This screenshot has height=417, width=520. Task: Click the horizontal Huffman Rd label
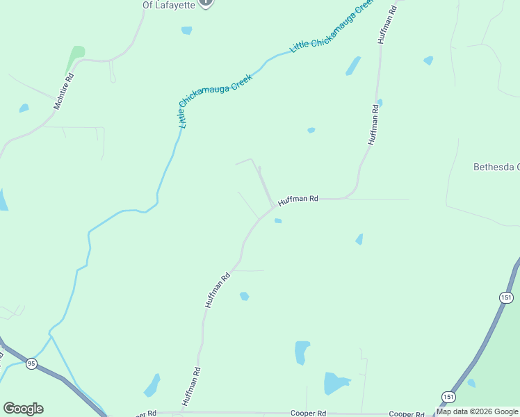pyautogui.click(x=298, y=200)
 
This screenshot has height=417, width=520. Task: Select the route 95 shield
pyautogui.click(x=31, y=363)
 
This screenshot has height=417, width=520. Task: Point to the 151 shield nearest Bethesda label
pyautogui.click(x=507, y=297)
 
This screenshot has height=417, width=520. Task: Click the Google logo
pyautogui.click(x=23, y=409)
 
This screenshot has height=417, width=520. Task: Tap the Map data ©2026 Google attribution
pyautogui.click(x=477, y=411)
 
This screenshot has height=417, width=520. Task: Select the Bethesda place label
pyautogui.click(x=496, y=167)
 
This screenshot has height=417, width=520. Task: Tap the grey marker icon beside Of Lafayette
pyautogui.click(x=206, y=3)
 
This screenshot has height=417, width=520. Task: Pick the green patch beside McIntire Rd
pyautogui.click(x=76, y=53)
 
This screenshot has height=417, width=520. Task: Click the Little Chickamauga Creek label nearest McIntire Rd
pyautogui.click(x=206, y=101)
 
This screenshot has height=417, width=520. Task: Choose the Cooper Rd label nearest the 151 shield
pyautogui.click(x=407, y=414)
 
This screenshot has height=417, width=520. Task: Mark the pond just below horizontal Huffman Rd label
pyautogui.click(x=278, y=221)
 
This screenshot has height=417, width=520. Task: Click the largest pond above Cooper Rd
pyautogui.click(x=336, y=383)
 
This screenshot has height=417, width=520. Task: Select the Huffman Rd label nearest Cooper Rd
pyautogui.click(x=191, y=386)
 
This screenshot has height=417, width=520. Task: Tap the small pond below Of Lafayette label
pyautogui.click(x=186, y=31)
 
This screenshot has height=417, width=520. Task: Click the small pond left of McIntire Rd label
pyautogui.click(x=24, y=108)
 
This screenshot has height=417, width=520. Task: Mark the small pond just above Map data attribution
pyautogui.click(x=472, y=383)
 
